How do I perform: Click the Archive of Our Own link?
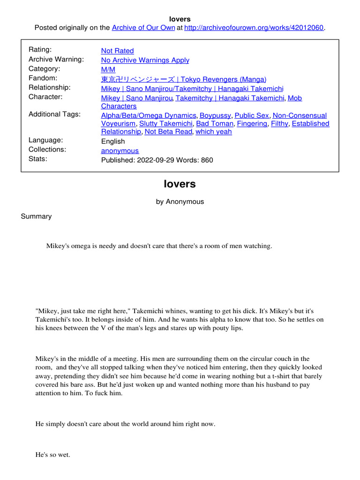tap(141, 28)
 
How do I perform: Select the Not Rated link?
tap(117, 51)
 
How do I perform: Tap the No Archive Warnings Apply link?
tap(145, 60)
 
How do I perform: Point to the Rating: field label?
tap(40, 50)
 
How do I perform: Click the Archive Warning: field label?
tap(56, 59)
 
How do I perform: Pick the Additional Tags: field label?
tap(54, 114)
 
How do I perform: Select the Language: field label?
tap(45, 140)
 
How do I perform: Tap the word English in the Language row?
tap(113, 141)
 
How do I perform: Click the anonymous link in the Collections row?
tap(120, 150)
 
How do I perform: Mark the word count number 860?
tap(206, 160)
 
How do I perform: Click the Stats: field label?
tap(38, 158)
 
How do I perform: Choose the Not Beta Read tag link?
tap(168, 132)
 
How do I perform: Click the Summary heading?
tap(36, 216)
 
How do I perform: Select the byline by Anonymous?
tap(180, 202)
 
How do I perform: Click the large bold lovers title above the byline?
tap(180, 184)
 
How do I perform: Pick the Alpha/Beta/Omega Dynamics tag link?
tap(149, 115)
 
